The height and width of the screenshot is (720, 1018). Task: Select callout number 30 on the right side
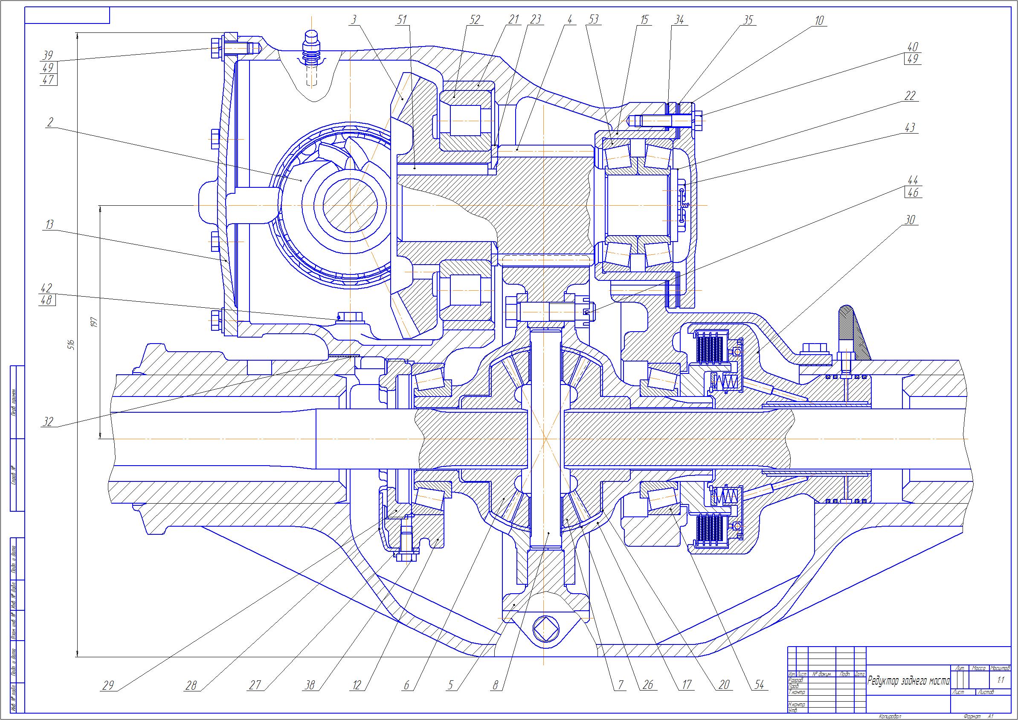pyautogui.click(x=909, y=220)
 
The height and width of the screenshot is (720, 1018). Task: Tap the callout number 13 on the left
pyautogui.click(x=49, y=224)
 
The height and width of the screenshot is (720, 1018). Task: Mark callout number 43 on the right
pyautogui.click(x=910, y=128)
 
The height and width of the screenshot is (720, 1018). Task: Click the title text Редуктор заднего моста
pyautogui.click(x=908, y=681)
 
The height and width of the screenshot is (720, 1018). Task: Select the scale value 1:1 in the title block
pyautogui.click(x=1000, y=680)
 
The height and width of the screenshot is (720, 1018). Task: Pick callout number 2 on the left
pyautogui.click(x=49, y=122)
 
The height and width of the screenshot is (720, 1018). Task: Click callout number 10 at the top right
pyautogui.click(x=819, y=20)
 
